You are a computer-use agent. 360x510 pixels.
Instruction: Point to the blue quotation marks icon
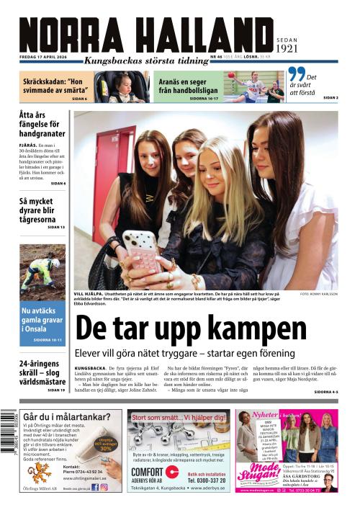tap(296, 75)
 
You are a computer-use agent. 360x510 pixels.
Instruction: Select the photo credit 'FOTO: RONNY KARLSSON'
tap(318, 295)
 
